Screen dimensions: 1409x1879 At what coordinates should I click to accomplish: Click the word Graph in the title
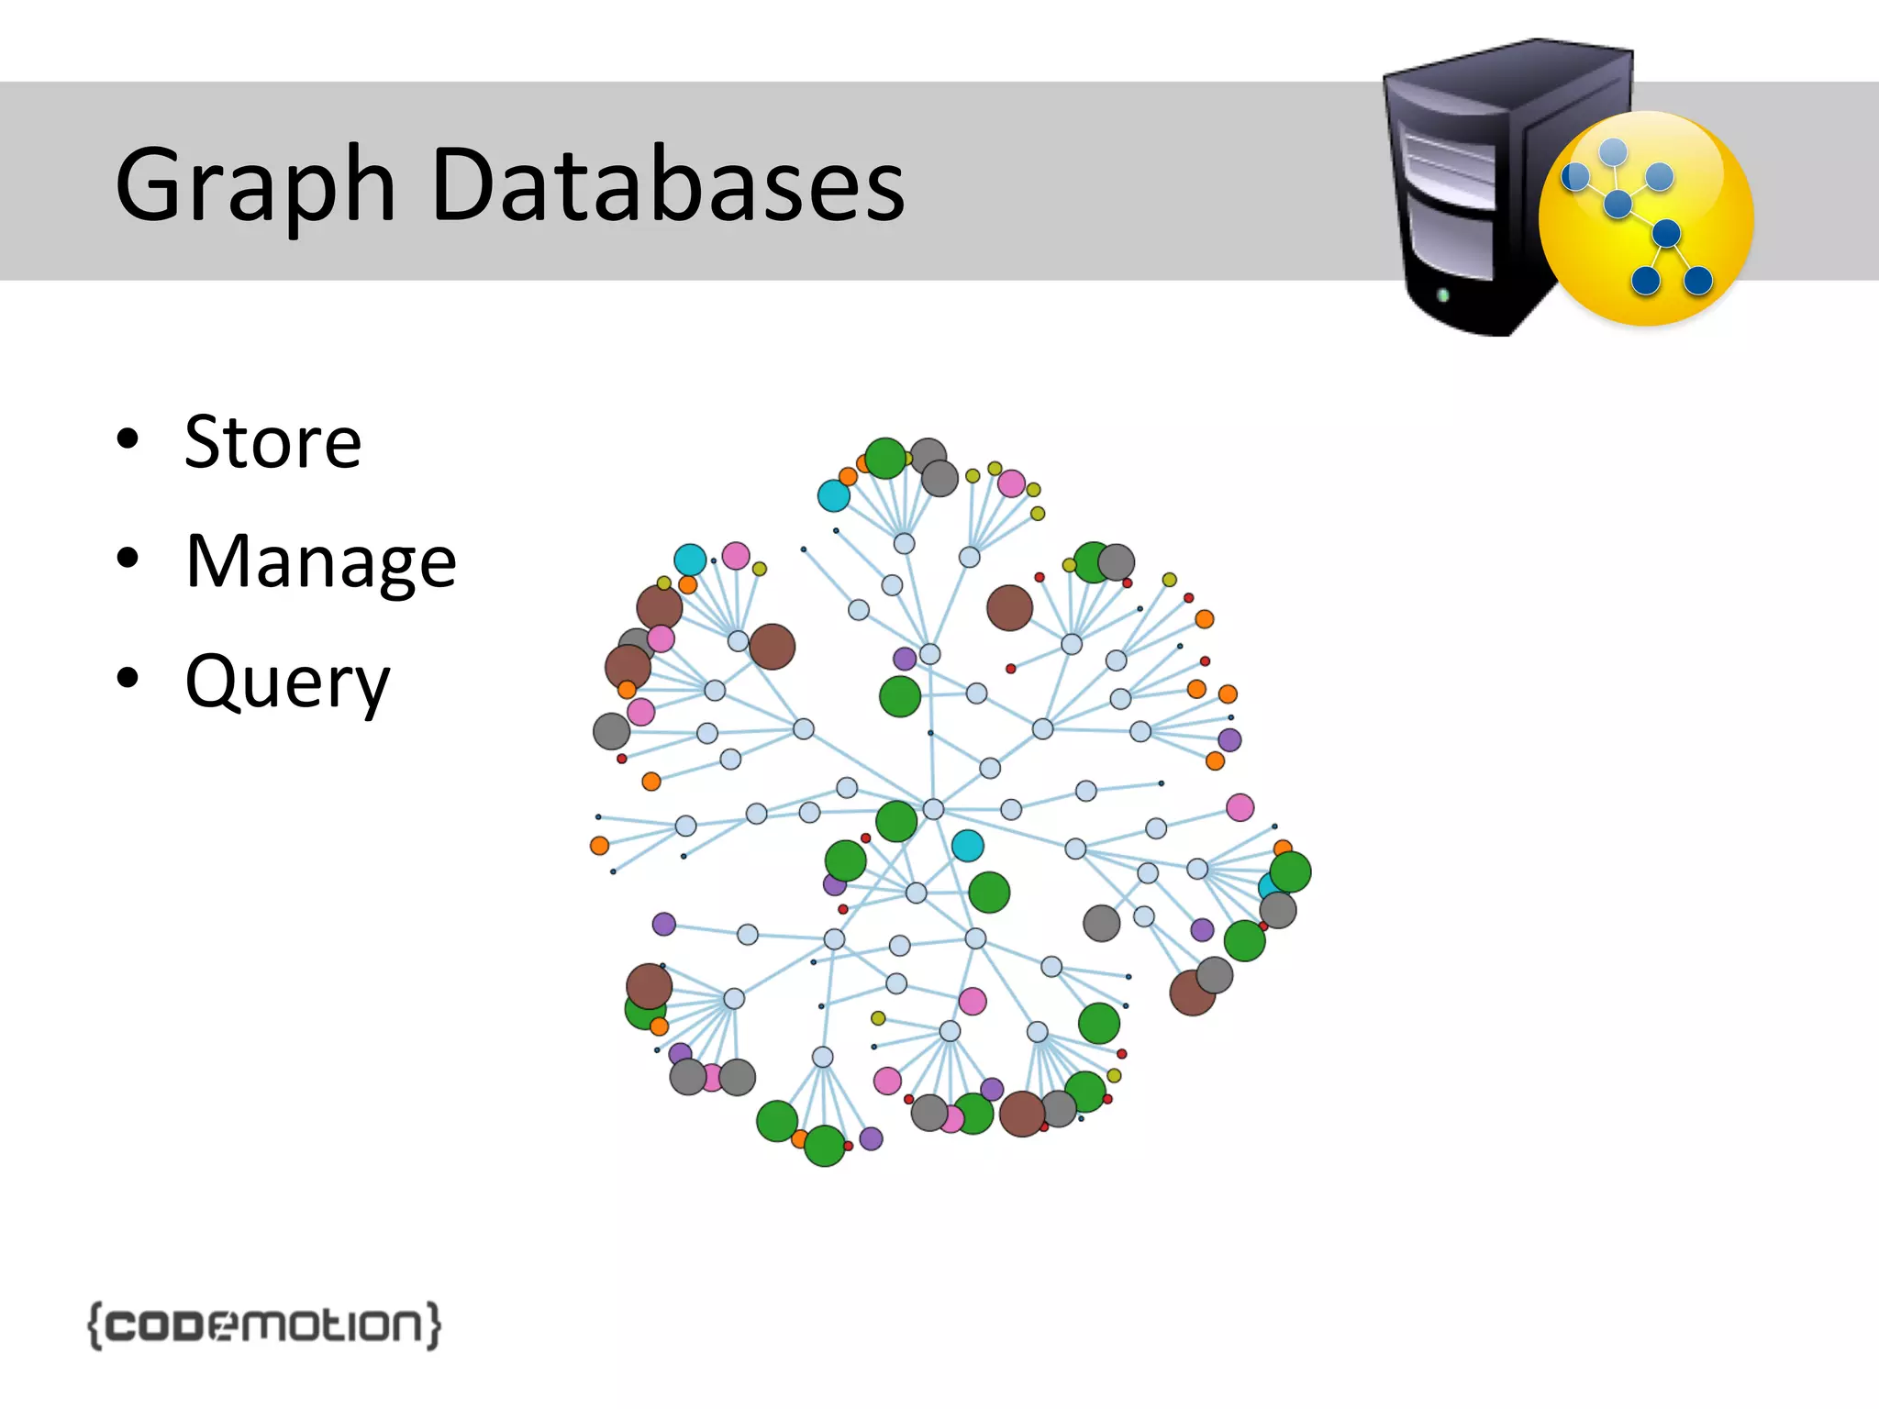point(255,188)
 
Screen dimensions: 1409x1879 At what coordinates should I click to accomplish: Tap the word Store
point(272,442)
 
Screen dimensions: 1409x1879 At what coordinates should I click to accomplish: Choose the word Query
point(287,682)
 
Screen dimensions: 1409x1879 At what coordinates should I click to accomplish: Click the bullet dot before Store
point(128,438)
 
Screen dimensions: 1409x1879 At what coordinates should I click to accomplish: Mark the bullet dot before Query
point(128,678)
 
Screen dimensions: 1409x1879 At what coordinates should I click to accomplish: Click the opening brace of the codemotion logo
point(95,1326)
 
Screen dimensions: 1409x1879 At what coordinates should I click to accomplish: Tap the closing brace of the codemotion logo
point(433,1326)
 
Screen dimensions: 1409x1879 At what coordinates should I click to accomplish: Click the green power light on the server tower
point(1443,294)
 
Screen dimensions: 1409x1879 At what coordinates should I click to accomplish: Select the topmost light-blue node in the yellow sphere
point(1613,152)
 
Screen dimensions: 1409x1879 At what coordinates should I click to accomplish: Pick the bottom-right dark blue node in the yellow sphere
point(1698,280)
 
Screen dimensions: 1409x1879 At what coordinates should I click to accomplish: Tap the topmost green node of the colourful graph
point(885,458)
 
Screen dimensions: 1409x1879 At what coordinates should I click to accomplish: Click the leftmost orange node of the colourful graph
point(599,846)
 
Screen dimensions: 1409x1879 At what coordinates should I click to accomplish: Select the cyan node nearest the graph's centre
point(967,846)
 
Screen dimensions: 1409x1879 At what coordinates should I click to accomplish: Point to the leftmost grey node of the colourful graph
point(611,731)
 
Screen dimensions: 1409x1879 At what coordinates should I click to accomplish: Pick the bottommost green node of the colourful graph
point(824,1146)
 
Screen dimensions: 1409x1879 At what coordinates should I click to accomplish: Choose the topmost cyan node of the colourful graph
point(833,496)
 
